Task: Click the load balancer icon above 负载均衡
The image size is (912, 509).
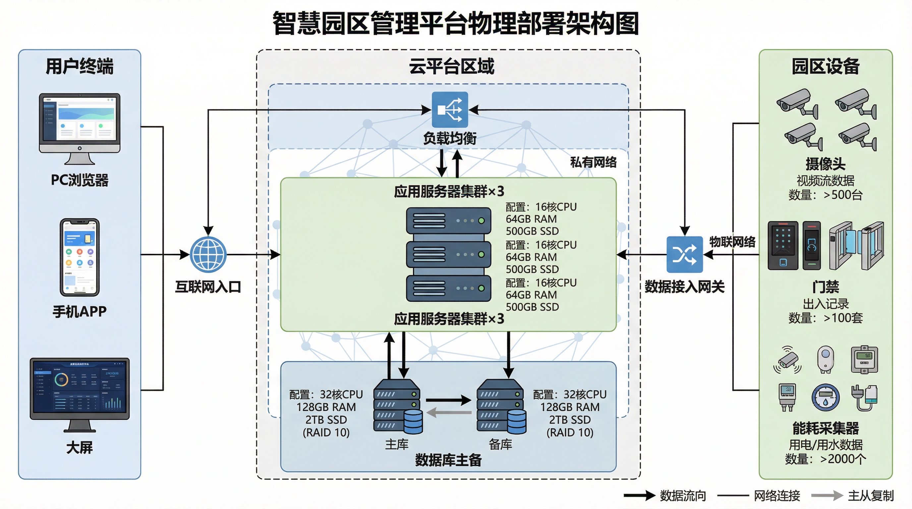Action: tap(450, 110)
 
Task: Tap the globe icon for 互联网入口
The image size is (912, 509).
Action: tap(208, 254)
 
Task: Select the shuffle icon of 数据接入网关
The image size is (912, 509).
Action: tap(684, 254)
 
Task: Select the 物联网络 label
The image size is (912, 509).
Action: tap(732, 242)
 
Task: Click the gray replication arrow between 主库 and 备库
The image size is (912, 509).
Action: tap(449, 412)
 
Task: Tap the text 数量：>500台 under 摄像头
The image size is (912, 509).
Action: tap(825, 195)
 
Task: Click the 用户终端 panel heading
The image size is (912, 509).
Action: tap(80, 67)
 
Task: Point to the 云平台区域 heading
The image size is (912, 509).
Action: tap(451, 67)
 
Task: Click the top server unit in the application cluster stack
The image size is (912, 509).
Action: tap(449, 220)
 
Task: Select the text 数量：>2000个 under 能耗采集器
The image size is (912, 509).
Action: tap(825, 459)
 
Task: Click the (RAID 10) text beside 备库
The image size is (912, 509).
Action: tap(570, 432)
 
